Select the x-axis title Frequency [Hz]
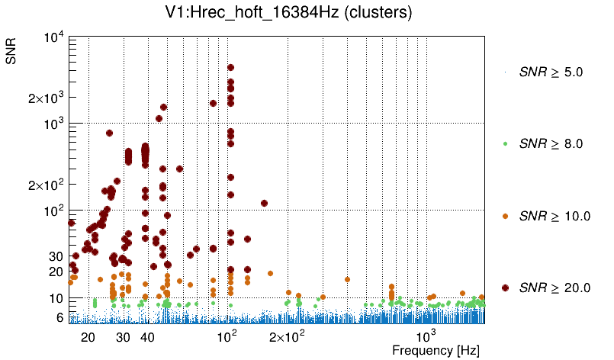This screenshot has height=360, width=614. (x=436, y=351)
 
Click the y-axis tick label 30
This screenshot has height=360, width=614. (x=56, y=256)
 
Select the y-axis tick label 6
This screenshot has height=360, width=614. (x=59, y=317)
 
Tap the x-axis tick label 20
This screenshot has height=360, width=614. (x=88, y=336)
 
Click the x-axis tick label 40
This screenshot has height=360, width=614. (x=148, y=336)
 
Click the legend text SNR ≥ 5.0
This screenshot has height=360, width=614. (x=551, y=72)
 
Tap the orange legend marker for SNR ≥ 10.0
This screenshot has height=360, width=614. (x=505, y=216)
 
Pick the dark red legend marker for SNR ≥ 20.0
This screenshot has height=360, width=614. (x=505, y=288)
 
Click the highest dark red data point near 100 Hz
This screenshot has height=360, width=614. (x=230, y=68)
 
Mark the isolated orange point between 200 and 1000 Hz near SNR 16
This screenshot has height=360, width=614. (x=347, y=279)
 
